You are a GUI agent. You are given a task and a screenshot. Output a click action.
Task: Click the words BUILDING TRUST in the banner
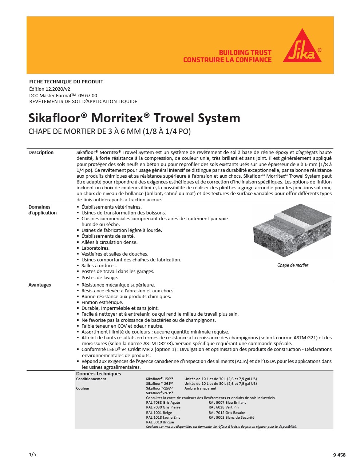tap(245, 52)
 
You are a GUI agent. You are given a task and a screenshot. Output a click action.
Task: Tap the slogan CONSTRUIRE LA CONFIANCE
tap(227, 60)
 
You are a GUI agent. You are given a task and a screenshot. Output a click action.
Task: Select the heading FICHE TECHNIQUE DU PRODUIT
tap(66, 82)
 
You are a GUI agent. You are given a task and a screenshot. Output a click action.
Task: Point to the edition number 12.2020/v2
tap(58, 89)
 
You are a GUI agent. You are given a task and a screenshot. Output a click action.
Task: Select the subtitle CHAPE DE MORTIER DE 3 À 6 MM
tap(109, 131)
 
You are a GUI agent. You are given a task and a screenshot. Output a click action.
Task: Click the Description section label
tap(41, 153)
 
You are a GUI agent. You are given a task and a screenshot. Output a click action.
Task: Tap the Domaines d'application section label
tap(42, 210)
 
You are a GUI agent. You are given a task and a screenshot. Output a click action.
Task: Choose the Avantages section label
tap(39, 285)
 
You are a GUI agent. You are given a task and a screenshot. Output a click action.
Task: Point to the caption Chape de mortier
tap(293, 265)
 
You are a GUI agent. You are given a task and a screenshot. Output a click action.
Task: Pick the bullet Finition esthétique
tap(102, 303)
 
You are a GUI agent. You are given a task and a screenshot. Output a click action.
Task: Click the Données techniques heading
tap(98, 374)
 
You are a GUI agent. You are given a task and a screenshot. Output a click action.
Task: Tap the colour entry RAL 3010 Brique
tap(160, 422)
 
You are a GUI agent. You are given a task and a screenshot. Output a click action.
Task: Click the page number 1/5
tap(32, 454)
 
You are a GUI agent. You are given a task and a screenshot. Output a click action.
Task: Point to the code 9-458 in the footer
tap(339, 455)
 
